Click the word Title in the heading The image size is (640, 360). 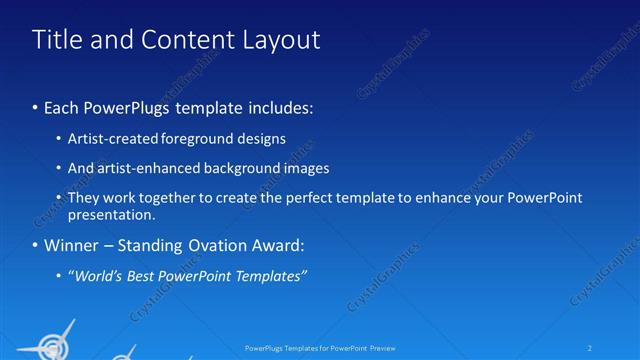pos(57,40)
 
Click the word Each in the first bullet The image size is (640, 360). pos(63,106)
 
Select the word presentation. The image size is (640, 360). pos(112,214)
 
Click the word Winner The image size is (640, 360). pos(71,245)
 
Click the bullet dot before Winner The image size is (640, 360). pos(36,246)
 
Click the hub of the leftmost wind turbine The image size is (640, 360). pos(47,344)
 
